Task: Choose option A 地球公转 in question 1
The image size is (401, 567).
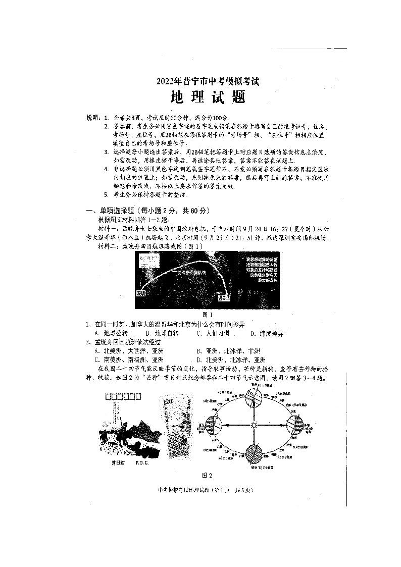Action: tap(111, 334)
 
